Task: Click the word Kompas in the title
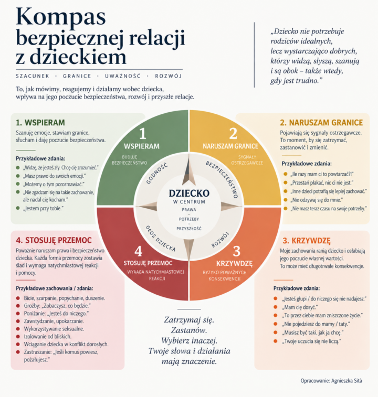coord(60,18)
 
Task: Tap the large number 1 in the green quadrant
coord(143,133)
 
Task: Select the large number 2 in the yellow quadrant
coord(233,133)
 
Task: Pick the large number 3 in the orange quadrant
coord(237,251)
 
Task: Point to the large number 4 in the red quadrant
coord(138,251)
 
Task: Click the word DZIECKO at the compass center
coord(189,193)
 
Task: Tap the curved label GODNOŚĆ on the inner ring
coord(157,173)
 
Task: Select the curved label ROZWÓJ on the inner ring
coord(220,239)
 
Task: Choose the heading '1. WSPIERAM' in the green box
coord(40,123)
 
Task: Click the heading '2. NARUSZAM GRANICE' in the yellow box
coord(321,123)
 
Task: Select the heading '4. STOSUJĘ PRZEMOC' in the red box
coord(54,240)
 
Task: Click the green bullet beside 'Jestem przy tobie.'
coord(18,208)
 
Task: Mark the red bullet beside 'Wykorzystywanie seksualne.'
coord(18,329)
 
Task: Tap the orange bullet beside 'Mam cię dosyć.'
coord(275,307)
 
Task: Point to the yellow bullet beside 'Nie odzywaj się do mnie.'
coord(286,200)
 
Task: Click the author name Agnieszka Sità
coord(347,381)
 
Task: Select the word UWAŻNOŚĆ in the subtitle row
coord(123,76)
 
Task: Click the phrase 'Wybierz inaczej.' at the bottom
coord(190,340)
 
